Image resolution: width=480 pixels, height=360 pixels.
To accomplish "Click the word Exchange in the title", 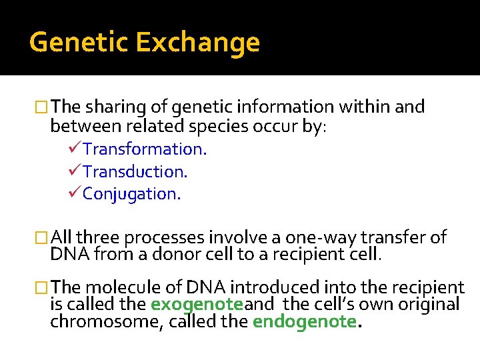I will pyautogui.click(x=197, y=43).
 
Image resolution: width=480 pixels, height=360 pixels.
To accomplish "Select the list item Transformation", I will pyautogui.click(x=145, y=149).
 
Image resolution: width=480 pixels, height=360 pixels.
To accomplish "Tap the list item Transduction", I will pyautogui.click(x=135, y=171).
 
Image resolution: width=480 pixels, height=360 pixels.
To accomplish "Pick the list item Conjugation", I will pyautogui.click(x=131, y=194).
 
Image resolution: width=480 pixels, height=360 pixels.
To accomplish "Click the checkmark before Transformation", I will pyautogui.click(x=75, y=148).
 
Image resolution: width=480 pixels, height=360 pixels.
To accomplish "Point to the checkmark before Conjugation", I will pyautogui.click(x=75, y=193).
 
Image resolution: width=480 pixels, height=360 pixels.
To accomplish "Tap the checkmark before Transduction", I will pyautogui.click(x=75, y=171).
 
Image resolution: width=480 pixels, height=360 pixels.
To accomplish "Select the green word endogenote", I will pyautogui.click(x=305, y=321).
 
